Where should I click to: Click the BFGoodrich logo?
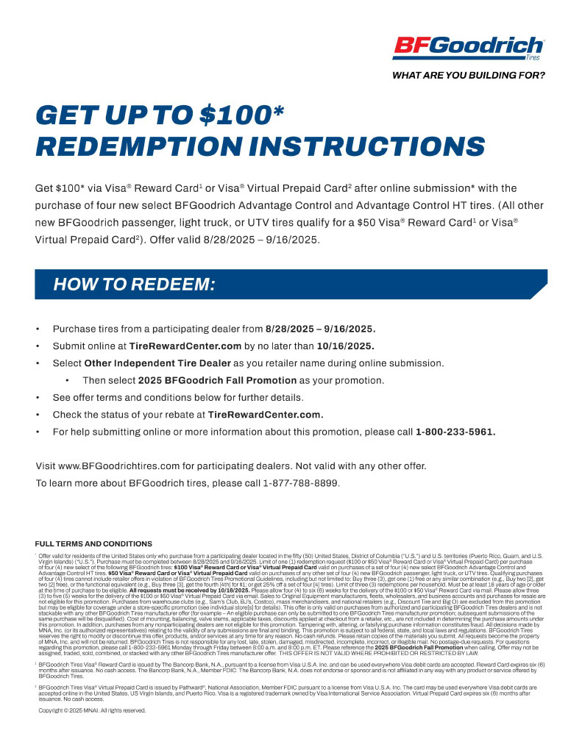point(469,48)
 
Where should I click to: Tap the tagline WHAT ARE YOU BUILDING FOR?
point(469,75)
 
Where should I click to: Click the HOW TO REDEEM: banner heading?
point(153,285)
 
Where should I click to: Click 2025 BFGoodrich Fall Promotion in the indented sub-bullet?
point(200,380)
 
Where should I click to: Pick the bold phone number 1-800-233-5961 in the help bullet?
point(455,432)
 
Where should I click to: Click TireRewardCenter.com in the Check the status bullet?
point(266,415)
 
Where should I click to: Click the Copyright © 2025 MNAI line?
point(92,710)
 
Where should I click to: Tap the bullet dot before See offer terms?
point(38,398)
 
